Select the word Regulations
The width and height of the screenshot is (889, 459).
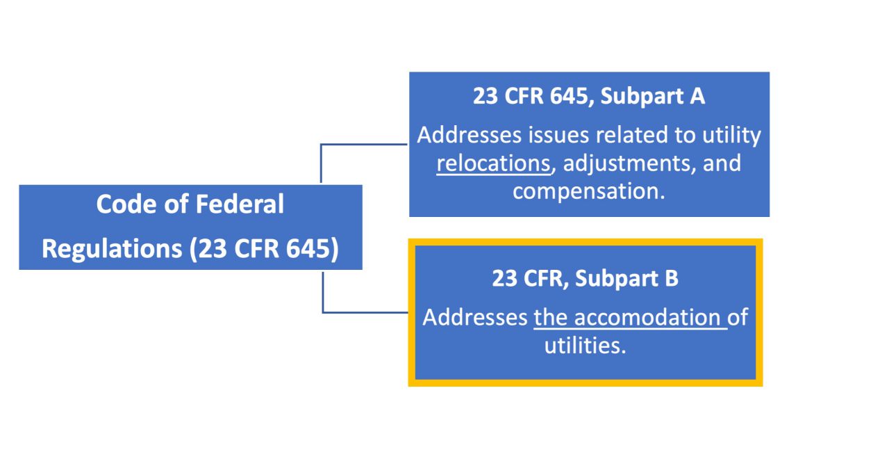[x=111, y=249]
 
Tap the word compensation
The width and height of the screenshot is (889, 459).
[x=588, y=191]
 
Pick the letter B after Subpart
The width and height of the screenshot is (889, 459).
[x=670, y=278]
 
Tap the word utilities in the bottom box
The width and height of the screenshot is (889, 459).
[x=585, y=344]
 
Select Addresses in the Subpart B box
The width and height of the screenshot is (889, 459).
[x=474, y=317]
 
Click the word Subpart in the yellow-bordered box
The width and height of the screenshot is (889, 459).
[x=617, y=278]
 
